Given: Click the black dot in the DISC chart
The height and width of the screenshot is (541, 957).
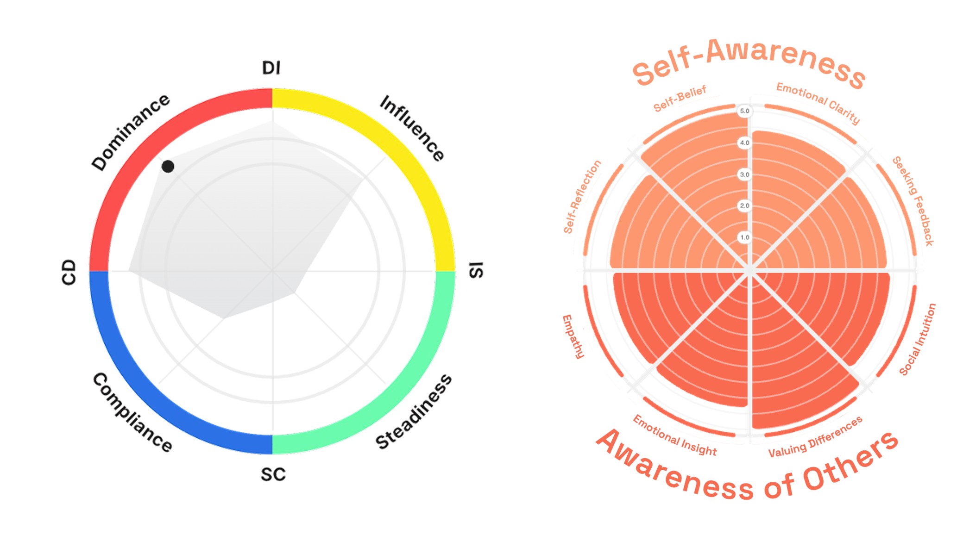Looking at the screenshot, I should point(168,166).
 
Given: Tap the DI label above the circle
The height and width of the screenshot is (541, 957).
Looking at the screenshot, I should point(271,68).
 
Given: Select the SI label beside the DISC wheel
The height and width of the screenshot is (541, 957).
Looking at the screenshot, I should point(476,270).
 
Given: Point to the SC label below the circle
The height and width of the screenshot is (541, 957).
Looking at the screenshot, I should point(273,474).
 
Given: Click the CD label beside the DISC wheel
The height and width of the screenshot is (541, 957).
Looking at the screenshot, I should point(69,272).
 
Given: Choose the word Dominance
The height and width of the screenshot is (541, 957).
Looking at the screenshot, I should point(131,132).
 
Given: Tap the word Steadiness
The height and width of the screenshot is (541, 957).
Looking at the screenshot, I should point(413,411).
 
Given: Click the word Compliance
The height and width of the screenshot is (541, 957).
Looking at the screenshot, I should point(132,412).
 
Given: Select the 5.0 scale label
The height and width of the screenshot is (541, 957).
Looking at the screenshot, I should point(744,111).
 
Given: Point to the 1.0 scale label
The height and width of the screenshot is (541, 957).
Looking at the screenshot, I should point(744,237).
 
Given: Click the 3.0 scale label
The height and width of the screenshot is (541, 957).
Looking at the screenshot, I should point(744,174).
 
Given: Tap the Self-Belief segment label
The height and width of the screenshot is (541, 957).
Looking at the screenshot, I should point(680,99).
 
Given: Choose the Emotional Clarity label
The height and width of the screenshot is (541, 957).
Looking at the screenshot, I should point(818,103).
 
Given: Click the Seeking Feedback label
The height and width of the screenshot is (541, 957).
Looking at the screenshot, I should point(913,201).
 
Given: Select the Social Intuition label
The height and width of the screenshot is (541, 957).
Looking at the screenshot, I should point(918,339).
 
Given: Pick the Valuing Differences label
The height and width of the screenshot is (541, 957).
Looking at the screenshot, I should point(815,437).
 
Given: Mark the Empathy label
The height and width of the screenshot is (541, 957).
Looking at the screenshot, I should point(573,336).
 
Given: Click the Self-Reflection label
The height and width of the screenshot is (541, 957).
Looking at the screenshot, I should point(582,197).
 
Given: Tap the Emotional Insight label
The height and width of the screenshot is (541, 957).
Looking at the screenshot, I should point(674,435).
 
